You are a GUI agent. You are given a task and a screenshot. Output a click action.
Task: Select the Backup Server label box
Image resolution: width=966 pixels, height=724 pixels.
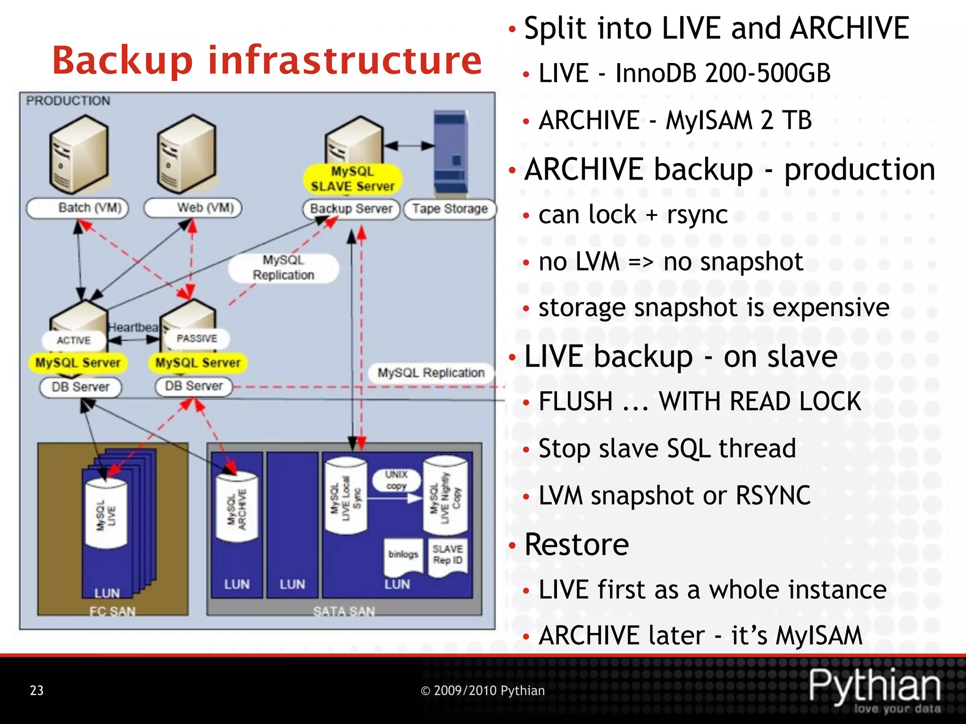pos(351,209)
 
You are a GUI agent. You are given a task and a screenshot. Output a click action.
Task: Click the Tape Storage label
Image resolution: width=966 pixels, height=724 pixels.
pos(450,209)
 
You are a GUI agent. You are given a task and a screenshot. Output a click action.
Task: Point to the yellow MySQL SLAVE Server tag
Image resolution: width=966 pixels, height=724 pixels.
pos(352,179)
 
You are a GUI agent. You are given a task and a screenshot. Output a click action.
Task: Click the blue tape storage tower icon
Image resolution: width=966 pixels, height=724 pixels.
pos(450,154)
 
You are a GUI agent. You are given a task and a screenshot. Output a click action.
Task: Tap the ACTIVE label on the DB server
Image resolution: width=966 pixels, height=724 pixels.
pos(74,340)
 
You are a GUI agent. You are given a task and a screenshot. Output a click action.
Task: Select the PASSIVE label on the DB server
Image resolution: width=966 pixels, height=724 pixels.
pos(197,338)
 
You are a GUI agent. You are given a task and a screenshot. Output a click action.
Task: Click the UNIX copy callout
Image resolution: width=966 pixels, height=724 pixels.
pos(396,480)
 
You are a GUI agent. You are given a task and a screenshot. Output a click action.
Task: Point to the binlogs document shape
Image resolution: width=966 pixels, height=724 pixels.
pos(403,555)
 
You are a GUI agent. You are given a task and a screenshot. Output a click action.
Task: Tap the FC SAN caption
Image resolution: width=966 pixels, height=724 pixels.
pos(113,611)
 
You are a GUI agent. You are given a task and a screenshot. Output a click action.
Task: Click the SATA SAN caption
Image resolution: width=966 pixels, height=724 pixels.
pos(344,611)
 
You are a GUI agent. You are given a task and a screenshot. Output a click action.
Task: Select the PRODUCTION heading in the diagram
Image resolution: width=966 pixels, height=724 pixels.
pos(68,101)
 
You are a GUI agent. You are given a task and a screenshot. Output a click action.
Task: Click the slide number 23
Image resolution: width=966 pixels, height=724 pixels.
pos(37,691)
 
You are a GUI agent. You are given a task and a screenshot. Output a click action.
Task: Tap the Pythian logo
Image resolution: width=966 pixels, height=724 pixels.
pos(875,688)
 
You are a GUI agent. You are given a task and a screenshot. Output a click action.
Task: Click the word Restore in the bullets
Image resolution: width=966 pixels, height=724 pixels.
pos(576,545)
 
